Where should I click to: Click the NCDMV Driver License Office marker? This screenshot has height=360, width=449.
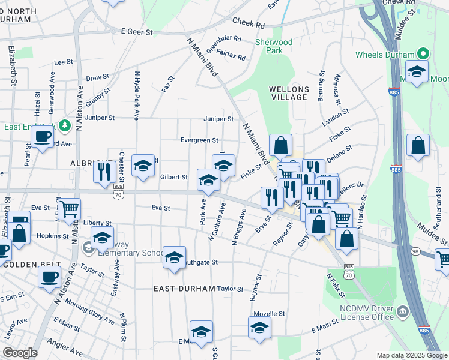coord(403,310)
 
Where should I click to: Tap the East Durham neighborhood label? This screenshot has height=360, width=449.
coord(184,289)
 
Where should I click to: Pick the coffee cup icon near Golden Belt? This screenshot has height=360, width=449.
coord(49,276)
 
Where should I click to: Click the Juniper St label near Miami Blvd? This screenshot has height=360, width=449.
coord(218,119)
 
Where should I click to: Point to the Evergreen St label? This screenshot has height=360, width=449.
coord(199,140)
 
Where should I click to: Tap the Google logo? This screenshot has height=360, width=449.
coord(20,353)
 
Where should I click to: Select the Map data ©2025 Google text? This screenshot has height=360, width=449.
coord(411,355)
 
